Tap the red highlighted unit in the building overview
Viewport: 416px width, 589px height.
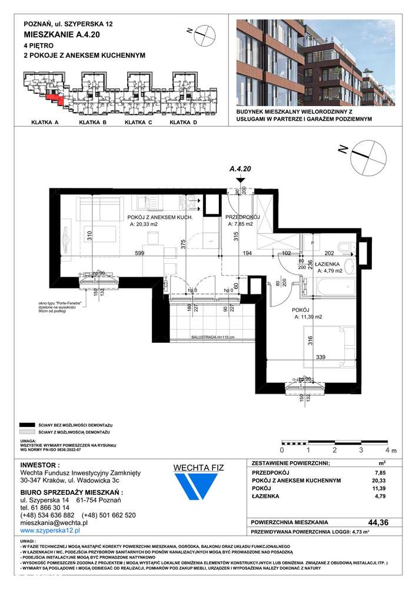54,96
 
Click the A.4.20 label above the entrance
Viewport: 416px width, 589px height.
240,169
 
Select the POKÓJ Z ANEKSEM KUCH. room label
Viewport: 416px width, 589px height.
161,217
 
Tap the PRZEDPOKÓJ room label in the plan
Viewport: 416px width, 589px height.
244,217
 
